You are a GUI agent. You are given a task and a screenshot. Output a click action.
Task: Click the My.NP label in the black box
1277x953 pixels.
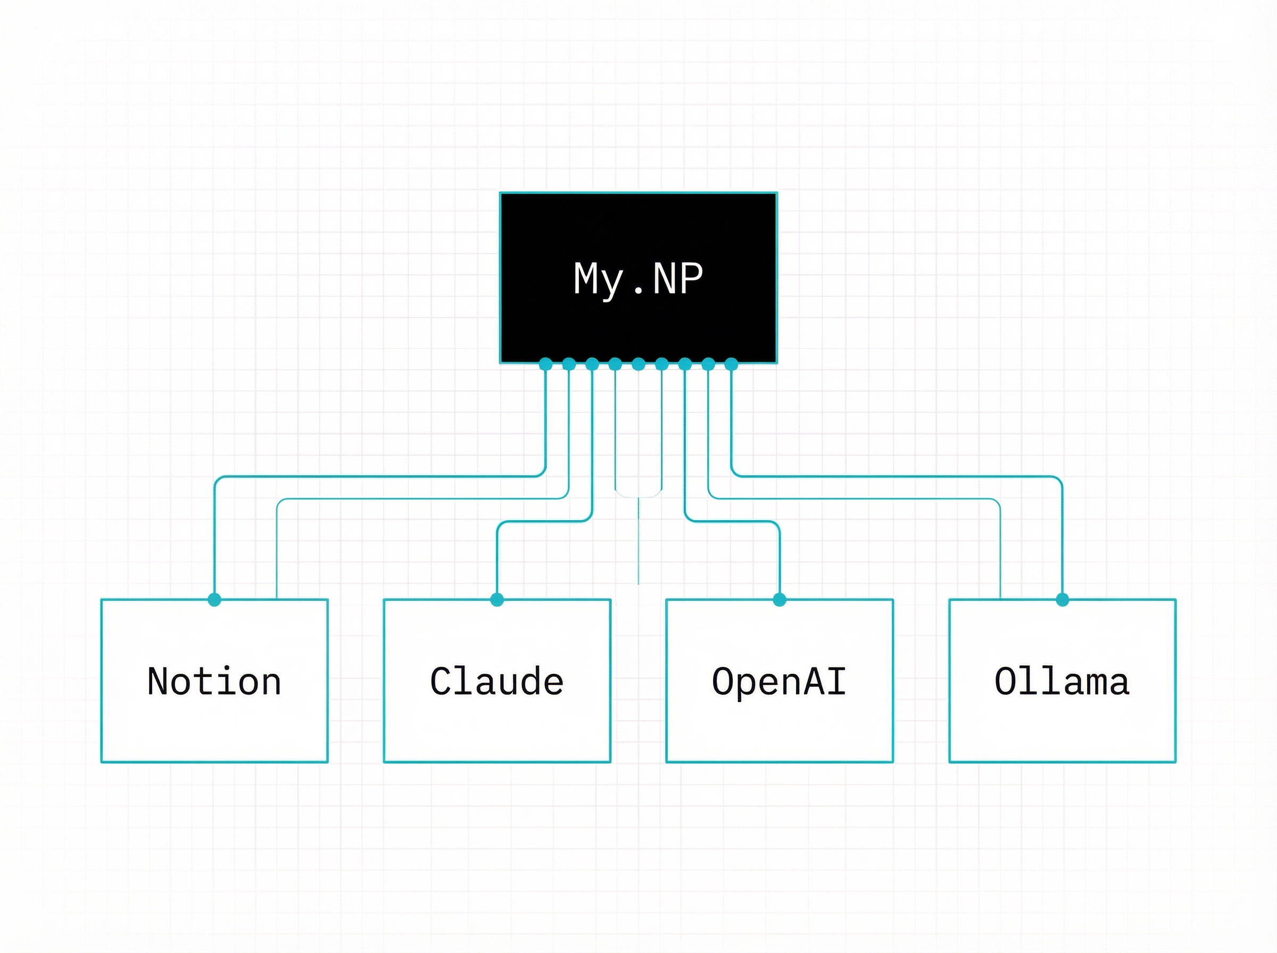638,279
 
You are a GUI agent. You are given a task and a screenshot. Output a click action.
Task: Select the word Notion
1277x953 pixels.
214,681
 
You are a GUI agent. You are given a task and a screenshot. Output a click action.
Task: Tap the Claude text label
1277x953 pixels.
497,681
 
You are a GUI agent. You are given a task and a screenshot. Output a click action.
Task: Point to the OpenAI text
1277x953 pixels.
779,681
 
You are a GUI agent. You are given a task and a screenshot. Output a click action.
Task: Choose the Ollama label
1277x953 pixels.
1062,681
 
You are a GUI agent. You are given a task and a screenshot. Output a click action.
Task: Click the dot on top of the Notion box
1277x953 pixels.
214,599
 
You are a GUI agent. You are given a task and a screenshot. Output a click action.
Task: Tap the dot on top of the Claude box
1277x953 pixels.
497,599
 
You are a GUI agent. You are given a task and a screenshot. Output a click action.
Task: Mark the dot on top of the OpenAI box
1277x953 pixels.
780,599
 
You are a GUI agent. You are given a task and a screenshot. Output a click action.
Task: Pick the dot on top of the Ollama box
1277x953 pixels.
1063,599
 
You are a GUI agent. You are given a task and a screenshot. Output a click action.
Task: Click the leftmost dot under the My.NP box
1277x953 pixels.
545,364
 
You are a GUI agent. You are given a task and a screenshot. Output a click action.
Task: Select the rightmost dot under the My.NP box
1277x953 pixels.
731,364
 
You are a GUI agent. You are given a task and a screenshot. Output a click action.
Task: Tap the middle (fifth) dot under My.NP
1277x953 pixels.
638,364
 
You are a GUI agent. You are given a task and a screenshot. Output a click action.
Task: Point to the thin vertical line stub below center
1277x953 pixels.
638,542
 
